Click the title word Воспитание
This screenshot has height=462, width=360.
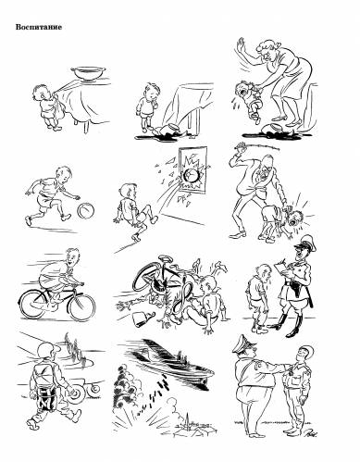pyautogui.click(x=39, y=27)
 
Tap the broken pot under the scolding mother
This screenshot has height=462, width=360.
pyautogui.click(x=271, y=128)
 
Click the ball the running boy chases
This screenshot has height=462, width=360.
pyautogui.click(x=86, y=211)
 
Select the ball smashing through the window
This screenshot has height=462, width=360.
pyautogui.click(x=192, y=176)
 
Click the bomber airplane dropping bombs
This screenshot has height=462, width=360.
pyautogui.click(x=170, y=359)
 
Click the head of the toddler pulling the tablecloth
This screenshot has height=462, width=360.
pyautogui.click(x=41, y=93)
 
